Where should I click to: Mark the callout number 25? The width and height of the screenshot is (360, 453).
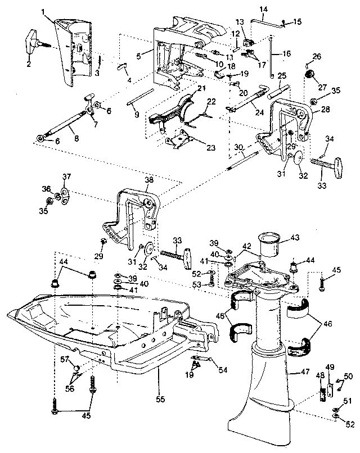(282, 76)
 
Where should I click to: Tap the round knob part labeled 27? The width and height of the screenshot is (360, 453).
(308, 75)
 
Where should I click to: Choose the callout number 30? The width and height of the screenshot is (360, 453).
(238, 147)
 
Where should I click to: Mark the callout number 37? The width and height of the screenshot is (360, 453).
(66, 178)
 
